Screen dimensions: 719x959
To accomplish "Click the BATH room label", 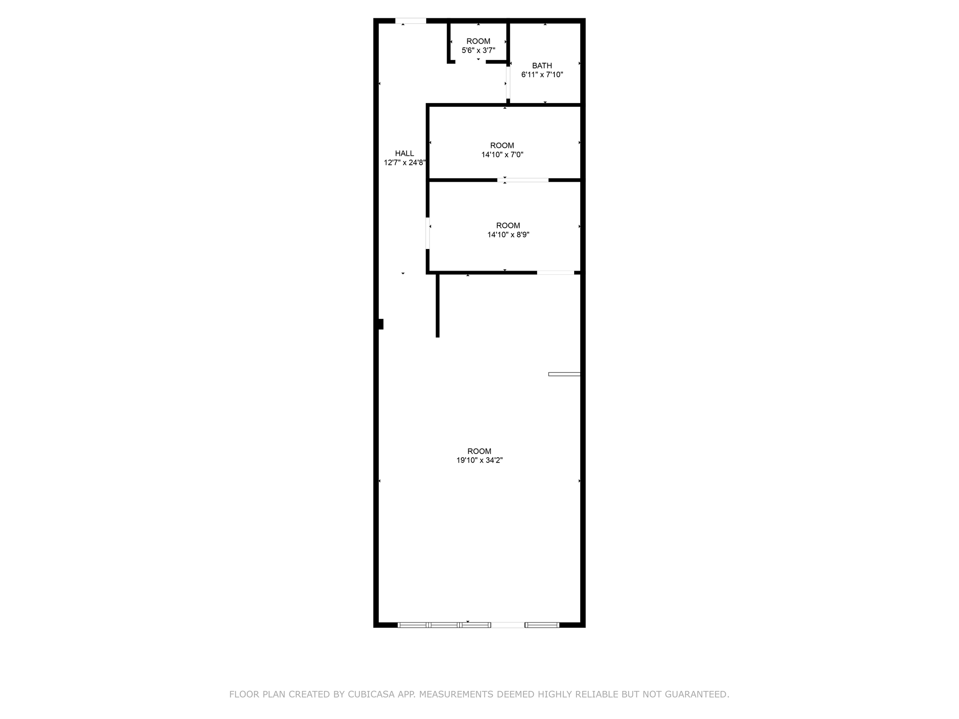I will (542, 66).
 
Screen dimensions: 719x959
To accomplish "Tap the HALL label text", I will (404, 154).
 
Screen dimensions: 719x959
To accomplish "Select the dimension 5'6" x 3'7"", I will (478, 50).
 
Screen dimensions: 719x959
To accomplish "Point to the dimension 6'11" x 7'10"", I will (542, 74).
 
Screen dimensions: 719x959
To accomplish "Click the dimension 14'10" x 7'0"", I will (502, 154).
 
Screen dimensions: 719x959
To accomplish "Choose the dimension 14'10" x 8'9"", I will (508, 235).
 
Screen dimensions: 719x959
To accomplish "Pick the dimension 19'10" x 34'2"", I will (479, 460).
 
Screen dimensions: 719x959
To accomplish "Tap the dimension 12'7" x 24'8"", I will (404, 163).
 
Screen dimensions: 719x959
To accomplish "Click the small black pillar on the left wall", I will (380, 324).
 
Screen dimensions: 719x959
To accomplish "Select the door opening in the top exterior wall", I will (411, 21).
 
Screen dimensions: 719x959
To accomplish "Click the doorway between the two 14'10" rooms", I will (523, 180).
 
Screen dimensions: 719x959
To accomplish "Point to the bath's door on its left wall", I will (508, 83).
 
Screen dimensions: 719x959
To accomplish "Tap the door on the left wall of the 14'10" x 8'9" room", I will (428, 233).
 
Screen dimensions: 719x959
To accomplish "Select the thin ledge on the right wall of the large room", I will (564, 374).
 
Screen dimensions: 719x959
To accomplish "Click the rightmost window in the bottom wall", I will (542, 625).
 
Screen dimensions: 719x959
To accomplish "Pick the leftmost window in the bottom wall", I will (413, 625).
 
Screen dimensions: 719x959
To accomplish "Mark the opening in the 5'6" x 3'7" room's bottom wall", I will (470, 62).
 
